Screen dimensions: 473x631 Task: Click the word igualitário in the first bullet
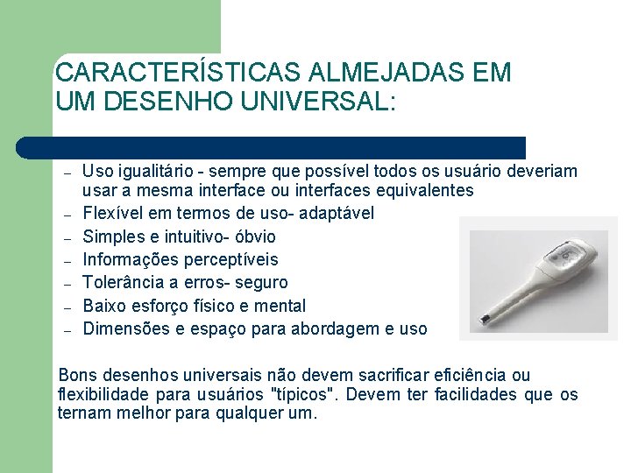click(x=154, y=171)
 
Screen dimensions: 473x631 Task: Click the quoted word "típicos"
click(x=307, y=394)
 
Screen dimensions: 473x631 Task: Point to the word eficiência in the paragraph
click(x=465, y=375)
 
